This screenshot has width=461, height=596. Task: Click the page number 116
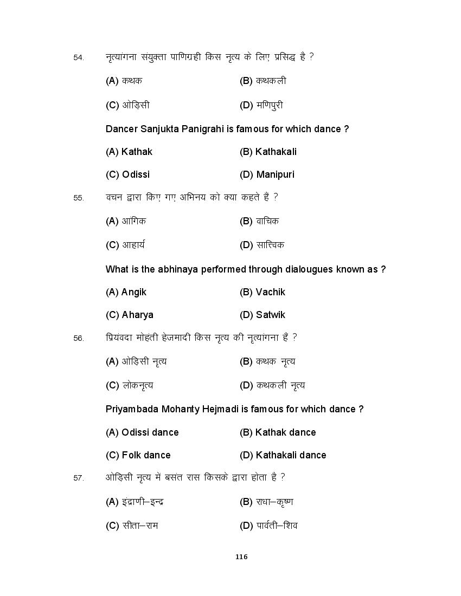click(242, 556)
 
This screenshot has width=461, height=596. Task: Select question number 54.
click(79, 57)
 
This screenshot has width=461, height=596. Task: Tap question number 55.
click(79, 198)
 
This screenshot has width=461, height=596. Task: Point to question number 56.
click(79, 338)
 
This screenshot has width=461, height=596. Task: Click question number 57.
click(79, 478)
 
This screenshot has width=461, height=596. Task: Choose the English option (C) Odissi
click(127, 174)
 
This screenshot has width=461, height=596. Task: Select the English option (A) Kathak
click(129, 152)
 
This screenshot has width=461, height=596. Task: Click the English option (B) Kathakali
click(268, 152)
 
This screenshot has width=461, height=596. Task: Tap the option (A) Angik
click(126, 292)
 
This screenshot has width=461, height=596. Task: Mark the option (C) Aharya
click(129, 315)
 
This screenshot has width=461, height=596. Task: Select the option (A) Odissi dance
click(142, 432)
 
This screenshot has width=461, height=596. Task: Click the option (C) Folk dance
click(138, 455)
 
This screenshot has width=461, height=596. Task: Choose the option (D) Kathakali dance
click(283, 455)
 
